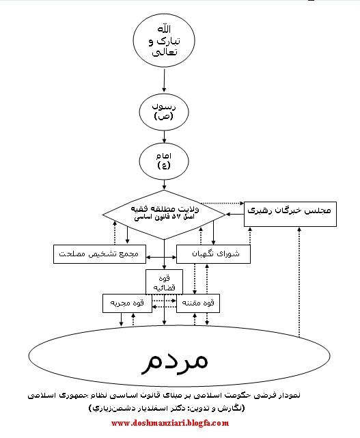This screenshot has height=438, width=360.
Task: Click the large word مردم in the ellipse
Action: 175,360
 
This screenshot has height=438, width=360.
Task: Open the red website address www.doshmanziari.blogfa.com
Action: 170,423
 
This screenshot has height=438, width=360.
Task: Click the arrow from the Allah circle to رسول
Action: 164,80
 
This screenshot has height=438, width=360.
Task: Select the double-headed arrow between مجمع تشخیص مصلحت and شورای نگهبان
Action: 161,258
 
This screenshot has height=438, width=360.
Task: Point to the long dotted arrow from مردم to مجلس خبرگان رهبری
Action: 299,282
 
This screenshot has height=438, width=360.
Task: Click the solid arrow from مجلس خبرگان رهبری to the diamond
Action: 235,215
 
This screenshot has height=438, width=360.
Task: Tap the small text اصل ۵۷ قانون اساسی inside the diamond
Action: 164,217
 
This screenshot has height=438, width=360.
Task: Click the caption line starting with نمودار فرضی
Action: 164,395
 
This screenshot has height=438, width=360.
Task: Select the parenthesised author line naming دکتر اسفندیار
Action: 167,408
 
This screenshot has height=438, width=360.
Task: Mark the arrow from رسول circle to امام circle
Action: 164,137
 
